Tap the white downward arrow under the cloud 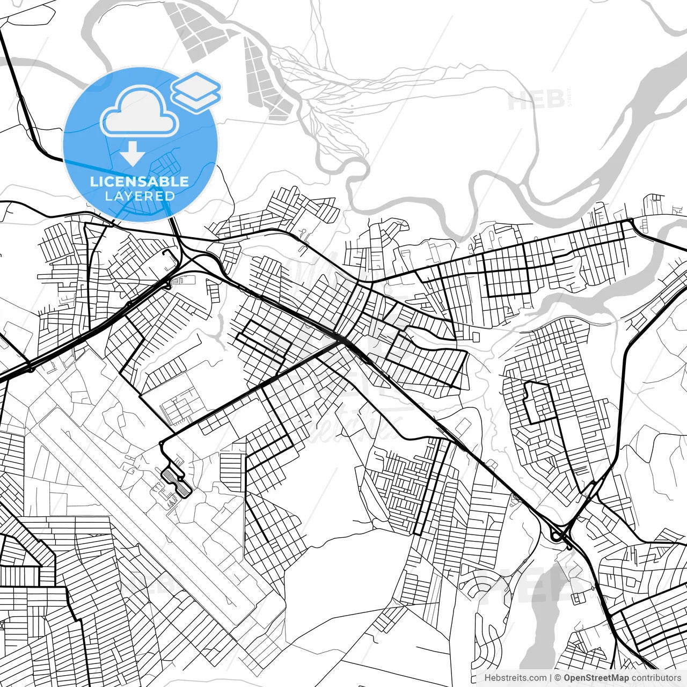[132, 155]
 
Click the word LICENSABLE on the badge [140, 181]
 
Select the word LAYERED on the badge [140, 196]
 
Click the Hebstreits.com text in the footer [515, 678]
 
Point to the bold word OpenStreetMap [596, 678]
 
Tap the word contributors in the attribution [656, 678]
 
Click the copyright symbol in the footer [558, 678]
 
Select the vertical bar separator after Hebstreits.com [551, 678]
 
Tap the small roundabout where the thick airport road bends [161, 442]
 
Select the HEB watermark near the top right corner [537, 100]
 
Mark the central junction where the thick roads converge [340, 339]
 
